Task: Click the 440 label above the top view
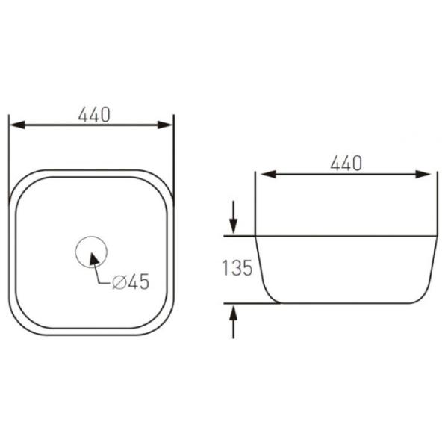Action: pos(94,115)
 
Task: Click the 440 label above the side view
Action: pos(346,164)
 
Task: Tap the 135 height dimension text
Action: pos(237,268)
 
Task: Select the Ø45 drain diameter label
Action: pos(131,281)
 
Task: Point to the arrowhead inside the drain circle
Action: pos(94,259)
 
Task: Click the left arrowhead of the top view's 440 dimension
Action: pos(17,125)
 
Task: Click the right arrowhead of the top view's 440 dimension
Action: pos(165,125)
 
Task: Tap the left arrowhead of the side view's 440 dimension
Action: pos(269,174)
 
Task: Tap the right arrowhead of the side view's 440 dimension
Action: pos(423,174)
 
